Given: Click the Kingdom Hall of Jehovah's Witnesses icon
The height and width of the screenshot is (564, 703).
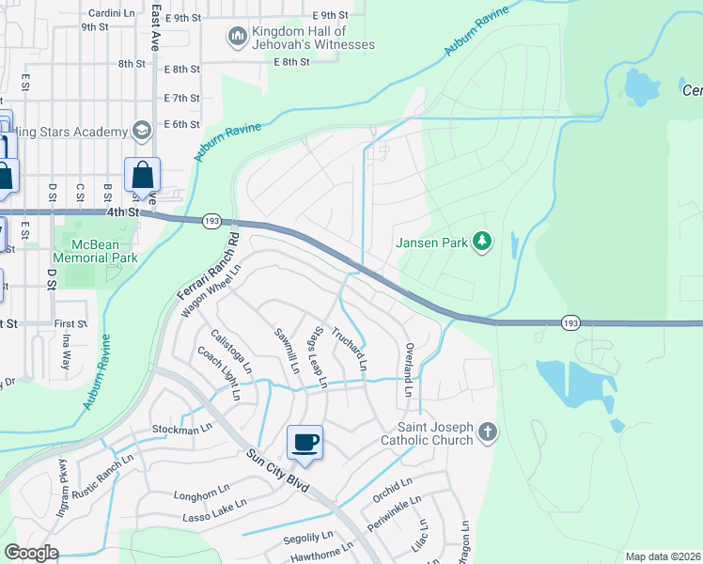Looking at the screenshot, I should [x=237, y=37].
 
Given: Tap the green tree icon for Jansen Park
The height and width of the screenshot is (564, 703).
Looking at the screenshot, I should [x=482, y=243].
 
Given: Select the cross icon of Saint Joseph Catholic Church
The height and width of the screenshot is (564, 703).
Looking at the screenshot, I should [x=486, y=431].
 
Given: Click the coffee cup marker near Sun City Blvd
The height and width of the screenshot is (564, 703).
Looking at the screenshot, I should [x=305, y=443].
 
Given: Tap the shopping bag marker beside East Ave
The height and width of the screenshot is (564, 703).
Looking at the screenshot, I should [x=142, y=175].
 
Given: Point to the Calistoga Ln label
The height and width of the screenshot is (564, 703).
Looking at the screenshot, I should [x=231, y=349].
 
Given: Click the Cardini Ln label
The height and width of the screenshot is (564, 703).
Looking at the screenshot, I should [x=113, y=13].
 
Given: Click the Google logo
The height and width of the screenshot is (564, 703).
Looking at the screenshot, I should [x=31, y=553].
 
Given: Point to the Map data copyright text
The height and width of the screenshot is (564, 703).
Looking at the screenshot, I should [x=662, y=556].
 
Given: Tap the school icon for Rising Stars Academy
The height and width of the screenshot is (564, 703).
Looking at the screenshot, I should [x=142, y=130].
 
